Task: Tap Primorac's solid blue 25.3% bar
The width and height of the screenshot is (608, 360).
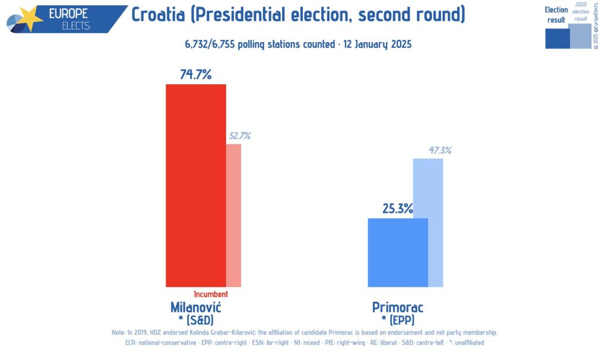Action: [x=398, y=252]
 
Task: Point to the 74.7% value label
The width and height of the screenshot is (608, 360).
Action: [x=195, y=74]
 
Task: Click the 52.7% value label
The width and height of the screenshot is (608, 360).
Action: [x=239, y=135]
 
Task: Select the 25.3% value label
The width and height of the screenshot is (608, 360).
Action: [x=398, y=209]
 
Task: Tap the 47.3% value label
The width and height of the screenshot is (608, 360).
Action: [x=440, y=150]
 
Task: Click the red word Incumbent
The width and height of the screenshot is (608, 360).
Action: [x=211, y=294]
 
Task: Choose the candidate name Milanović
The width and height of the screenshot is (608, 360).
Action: [x=195, y=307]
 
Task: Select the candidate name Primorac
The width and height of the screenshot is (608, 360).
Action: [x=398, y=307]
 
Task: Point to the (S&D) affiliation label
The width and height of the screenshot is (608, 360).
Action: [x=200, y=320]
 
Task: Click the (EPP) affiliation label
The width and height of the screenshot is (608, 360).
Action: [x=402, y=320]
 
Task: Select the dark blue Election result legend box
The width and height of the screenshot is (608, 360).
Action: [x=557, y=39]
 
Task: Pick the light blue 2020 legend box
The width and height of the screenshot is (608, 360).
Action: [x=580, y=36]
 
